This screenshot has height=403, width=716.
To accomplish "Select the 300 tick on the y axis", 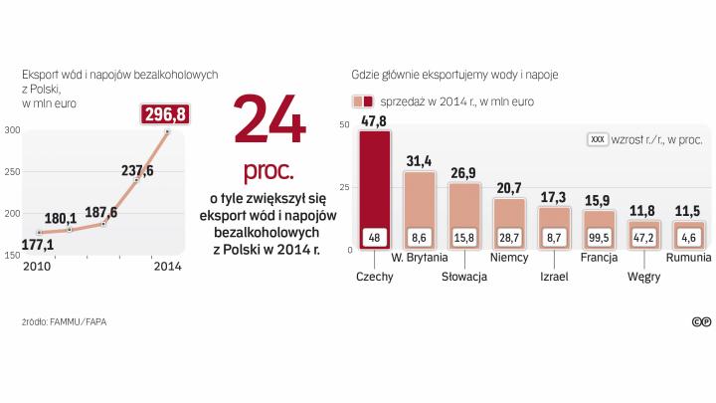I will pyautogui.click(x=11, y=130).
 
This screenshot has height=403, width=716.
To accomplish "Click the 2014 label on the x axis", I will pyautogui.click(x=167, y=267).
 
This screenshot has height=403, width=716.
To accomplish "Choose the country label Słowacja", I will pyautogui.click(x=464, y=276).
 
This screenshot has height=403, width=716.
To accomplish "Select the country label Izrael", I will pyautogui.click(x=554, y=276).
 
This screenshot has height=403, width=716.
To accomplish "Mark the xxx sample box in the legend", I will pyautogui.click(x=599, y=140).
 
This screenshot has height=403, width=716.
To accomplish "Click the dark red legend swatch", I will pyautogui.click(x=368, y=101).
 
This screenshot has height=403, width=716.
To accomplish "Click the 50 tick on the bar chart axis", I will pyautogui.click(x=344, y=124).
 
